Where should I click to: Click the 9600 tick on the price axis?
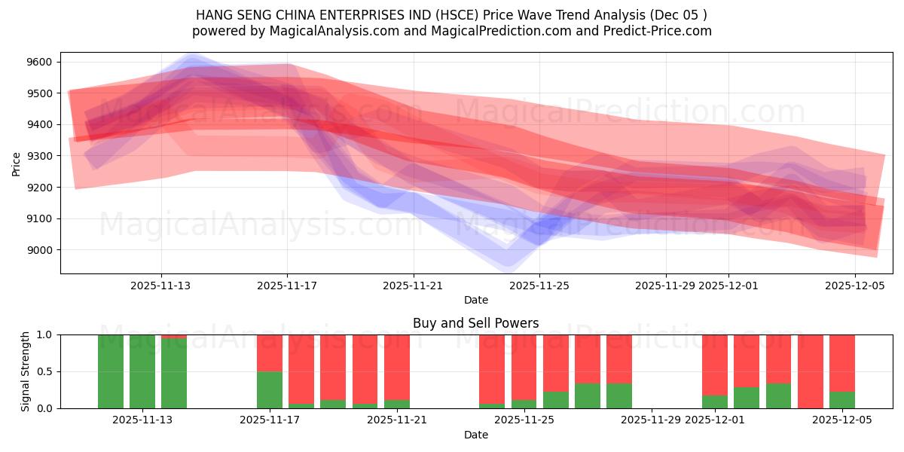tap(41, 62)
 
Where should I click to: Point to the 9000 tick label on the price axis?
tap(41, 250)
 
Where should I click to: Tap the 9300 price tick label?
tap(41, 156)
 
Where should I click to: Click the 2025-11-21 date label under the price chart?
tap(413, 286)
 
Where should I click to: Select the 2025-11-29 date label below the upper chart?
tap(665, 286)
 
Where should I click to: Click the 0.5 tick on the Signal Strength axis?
tap(46, 371)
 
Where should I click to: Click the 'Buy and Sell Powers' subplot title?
tap(475, 323)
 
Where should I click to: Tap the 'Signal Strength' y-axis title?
tap(26, 371)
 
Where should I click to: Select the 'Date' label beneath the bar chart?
tap(475, 435)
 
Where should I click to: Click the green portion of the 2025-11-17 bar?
tap(270, 389)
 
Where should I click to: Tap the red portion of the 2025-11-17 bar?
tap(270, 353)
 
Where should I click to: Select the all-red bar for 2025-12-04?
tap(811, 371)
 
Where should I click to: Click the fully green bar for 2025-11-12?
tap(142, 371)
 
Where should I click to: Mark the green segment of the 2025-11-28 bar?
tap(619, 395)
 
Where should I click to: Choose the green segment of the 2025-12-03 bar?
tap(778, 395)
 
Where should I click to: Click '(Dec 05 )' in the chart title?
tap(676, 15)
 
